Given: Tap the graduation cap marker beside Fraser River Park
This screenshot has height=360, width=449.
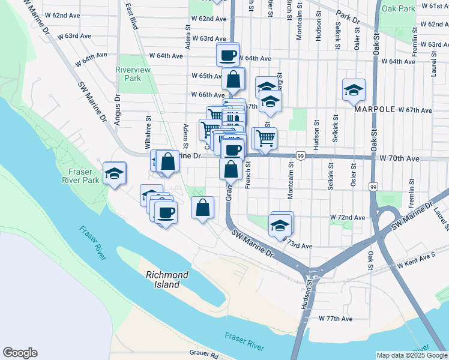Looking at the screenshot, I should [x=114, y=173].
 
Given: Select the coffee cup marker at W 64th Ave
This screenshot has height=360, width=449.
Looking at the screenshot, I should [x=228, y=55].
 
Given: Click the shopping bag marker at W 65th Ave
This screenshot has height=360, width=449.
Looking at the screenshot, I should [x=234, y=79].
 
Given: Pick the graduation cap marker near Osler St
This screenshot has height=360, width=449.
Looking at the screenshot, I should [x=354, y=90].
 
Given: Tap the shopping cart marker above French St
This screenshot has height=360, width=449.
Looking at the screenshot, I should [x=264, y=138].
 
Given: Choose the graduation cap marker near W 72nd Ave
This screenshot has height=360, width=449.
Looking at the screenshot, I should [x=279, y=226].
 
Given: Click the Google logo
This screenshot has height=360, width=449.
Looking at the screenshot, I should [x=20, y=353].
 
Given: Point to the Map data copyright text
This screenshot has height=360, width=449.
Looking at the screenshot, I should [x=411, y=355].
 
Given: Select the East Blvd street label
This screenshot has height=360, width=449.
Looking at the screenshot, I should [x=132, y=16].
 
